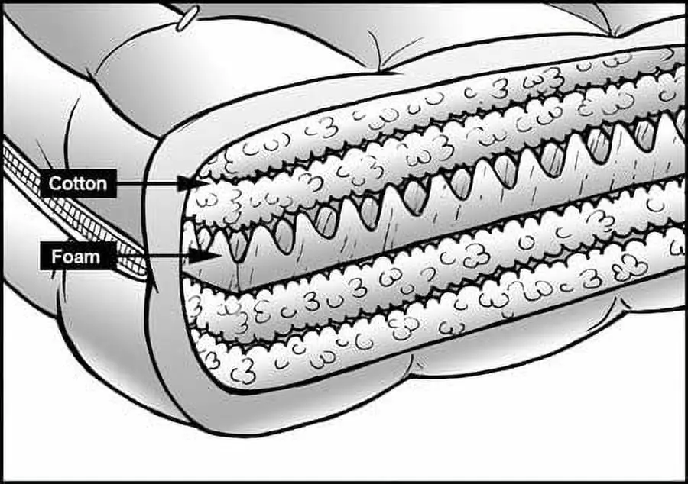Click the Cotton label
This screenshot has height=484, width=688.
click(78, 183)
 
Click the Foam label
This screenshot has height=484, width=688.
click(76, 257)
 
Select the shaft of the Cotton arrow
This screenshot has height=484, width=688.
click(148, 183)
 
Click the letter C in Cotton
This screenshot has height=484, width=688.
click(54, 183)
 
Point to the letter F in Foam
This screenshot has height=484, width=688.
click(56, 257)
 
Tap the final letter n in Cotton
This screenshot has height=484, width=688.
click(102, 185)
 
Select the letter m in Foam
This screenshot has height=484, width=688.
click(92, 258)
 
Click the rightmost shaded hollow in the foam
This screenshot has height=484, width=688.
click(644, 135)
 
